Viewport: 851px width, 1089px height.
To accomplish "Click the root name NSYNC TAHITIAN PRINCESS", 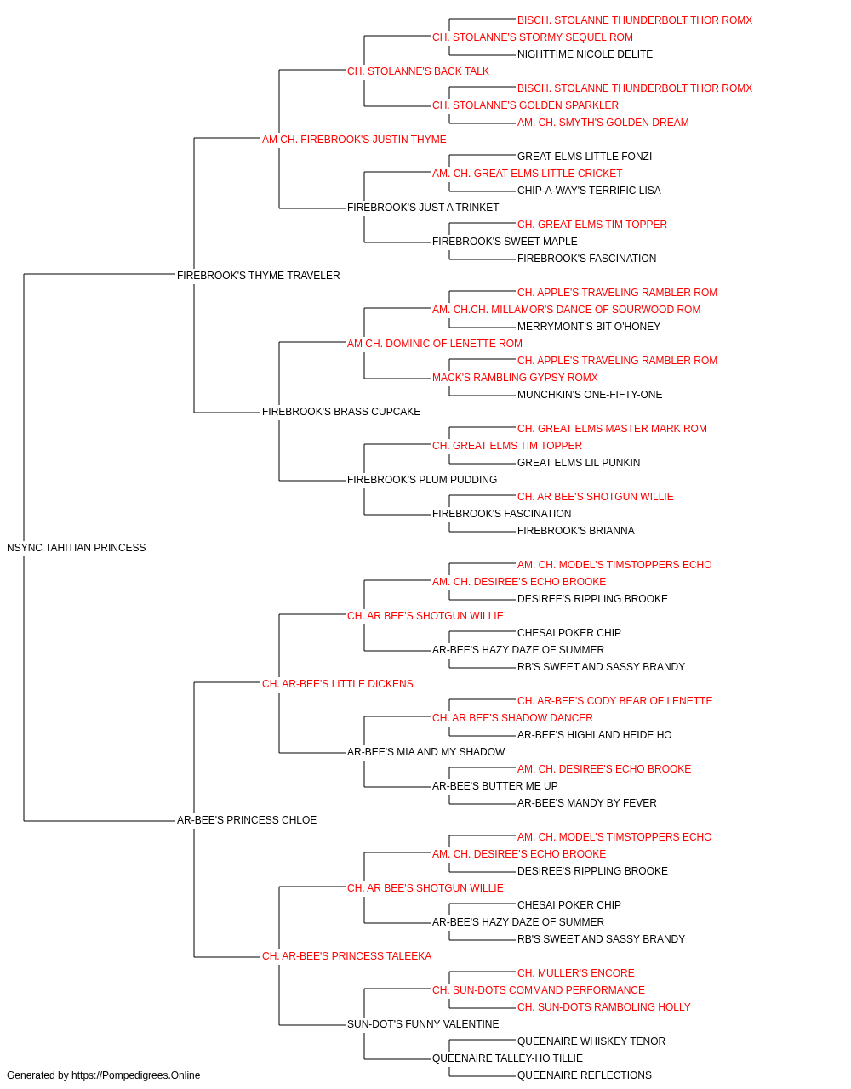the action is [x=77, y=548].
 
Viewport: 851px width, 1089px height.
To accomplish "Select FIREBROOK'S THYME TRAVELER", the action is [x=258, y=276].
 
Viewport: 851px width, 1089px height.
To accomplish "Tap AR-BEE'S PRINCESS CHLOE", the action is [x=247, y=820].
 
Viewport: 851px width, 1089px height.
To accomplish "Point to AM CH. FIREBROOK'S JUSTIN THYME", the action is [x=354, y=140].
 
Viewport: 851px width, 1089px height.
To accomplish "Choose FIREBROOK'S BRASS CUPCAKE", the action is [x=340, y=412].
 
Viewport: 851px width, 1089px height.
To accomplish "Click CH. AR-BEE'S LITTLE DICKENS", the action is [x=337, y=684].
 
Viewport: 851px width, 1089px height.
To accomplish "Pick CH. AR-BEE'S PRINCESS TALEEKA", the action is [x=346, y=956].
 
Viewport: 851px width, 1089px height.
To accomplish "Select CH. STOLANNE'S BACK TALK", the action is [x=418, y=71].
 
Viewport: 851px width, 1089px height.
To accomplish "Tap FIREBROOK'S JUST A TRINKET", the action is [x=423, y=208].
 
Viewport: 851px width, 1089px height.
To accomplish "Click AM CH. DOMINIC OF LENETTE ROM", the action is [x=435, y=344].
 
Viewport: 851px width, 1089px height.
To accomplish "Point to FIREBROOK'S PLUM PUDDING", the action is [x=422, y=480].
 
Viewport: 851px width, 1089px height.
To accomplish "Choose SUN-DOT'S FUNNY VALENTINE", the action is [x=423, y=1024].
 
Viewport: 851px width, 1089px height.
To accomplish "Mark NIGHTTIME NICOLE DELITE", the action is [x=585, y=54].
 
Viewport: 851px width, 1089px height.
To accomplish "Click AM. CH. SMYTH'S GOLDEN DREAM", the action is [x=603, y=123].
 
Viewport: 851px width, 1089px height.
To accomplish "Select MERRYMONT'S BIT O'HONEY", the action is [x=588, y=327].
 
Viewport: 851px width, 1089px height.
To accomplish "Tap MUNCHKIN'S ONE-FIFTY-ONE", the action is [x=590, y=395].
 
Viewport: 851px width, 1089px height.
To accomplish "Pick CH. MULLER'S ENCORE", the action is [x=576, y=973].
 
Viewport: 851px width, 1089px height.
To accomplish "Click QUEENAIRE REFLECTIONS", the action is [x=585, y=1075].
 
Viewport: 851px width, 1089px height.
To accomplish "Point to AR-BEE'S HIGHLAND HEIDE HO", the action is [x=594, y=735].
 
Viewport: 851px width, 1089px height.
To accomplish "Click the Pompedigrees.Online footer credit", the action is [x=103, y=1075].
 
